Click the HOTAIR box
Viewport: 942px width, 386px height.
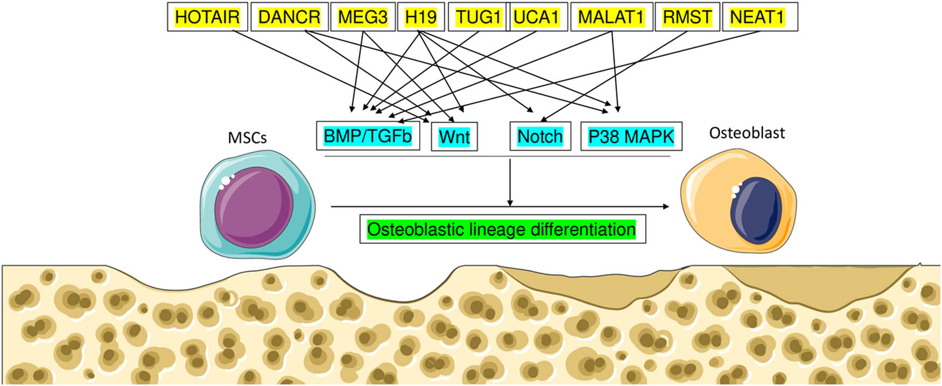[207, 17]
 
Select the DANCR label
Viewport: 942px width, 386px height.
[290, 17]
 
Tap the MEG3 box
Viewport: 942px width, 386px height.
[363, 17]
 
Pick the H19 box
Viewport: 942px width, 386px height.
[421, 17]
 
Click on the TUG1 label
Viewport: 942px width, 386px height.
[478, 17]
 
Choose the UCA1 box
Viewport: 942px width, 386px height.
[536, 17]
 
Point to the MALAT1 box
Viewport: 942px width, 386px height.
[611, 17]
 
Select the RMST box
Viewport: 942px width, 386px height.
[687, 17]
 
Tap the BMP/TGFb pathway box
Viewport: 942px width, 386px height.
[368, 136]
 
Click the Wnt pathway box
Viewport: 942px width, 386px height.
[454, 137]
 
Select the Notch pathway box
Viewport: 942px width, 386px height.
[540, 137]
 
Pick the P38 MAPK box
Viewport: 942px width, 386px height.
[631, 137]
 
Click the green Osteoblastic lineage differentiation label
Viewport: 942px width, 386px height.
[502, 230]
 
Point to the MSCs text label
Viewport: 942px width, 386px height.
[248, 138]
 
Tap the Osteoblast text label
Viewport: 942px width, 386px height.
[747, 133]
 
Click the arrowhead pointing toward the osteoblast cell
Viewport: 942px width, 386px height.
[666, 206]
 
